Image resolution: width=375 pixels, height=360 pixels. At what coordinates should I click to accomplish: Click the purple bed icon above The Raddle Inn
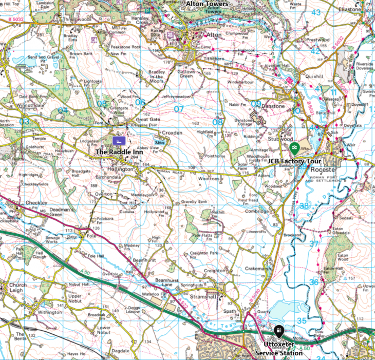coord(118,140)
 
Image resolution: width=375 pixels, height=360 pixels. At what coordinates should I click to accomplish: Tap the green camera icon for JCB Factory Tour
coord(294,148)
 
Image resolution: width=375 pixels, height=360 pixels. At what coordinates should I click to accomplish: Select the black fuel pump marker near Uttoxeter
coord(278,329)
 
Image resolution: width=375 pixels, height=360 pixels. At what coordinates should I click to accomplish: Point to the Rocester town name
coord(324,169)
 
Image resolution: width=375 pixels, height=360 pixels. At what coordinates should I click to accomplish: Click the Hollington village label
coord(121,168)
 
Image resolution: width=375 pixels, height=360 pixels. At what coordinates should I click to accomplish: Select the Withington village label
coord(49,312)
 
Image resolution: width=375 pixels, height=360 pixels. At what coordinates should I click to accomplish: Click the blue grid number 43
coord(315,13)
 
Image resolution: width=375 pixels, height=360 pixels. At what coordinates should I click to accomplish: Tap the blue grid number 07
coord(178,109)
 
